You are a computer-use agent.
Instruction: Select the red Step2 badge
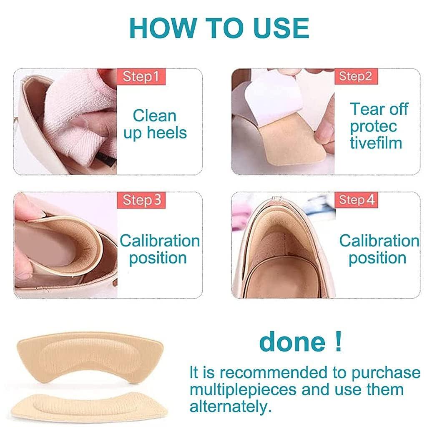tap(355, 76)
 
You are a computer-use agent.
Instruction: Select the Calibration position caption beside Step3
tap(160, 249)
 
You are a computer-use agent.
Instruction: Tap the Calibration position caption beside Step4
tap(379, 249)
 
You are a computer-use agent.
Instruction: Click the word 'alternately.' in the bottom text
tap(229, 406)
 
